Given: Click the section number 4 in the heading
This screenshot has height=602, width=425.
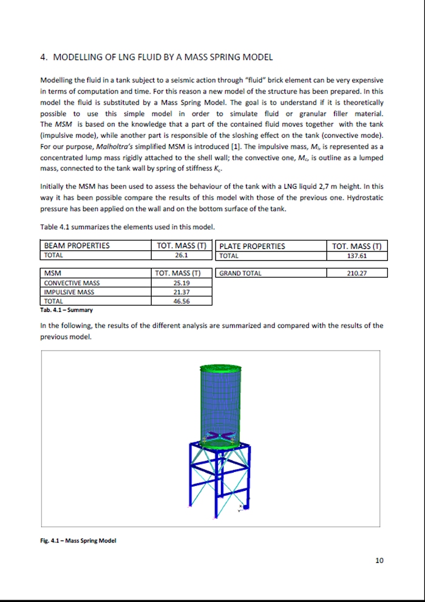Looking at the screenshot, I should coord(43,58).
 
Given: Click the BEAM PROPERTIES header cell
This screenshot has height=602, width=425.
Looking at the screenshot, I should coord(77,246).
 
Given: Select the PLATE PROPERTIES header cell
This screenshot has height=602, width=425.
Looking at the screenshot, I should coord(252,246).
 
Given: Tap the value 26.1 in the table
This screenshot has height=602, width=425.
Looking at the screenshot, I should coord(181,256).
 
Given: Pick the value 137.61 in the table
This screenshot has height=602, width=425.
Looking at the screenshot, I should coord(357,256).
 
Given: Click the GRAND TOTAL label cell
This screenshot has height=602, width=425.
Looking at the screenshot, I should coord(240,273).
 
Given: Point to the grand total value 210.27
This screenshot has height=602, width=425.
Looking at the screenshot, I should coord(357,273).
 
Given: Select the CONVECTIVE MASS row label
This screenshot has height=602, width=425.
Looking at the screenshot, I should coord(72,283).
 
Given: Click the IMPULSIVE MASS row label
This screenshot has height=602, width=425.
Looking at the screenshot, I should coord(69,292).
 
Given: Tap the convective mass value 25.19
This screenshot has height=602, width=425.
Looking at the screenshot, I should coord(181,283).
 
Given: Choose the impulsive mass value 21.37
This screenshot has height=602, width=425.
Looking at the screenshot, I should coord(181,292).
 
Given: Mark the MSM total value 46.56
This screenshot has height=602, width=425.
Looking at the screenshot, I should coord(181,301).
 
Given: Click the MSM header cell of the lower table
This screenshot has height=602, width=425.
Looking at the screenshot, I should coord(53,273).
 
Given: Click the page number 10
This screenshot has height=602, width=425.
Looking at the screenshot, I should coord(379,560).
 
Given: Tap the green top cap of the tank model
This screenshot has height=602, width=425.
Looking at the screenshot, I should coord(220,368).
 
